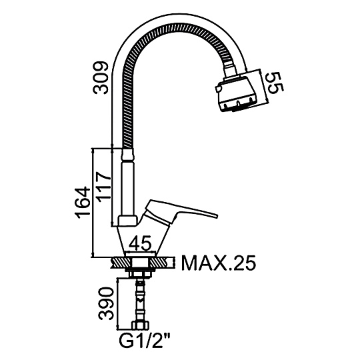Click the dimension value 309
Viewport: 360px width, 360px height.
(x=100, y=77)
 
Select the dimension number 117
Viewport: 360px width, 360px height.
(x=103, y=187)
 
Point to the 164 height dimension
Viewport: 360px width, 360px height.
(x=83, y=203)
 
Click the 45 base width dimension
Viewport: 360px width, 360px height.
(x=140, y=243)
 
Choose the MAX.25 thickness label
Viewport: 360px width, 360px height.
(x=218, y=263)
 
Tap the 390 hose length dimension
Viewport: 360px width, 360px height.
(x=106, y=303)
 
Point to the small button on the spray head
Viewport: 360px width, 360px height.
(x=218, y=89)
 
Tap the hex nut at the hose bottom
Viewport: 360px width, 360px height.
(x=140, y=326)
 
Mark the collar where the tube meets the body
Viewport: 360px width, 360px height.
(x=127, y=221)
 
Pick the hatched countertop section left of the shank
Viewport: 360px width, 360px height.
(x=122, y=262)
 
